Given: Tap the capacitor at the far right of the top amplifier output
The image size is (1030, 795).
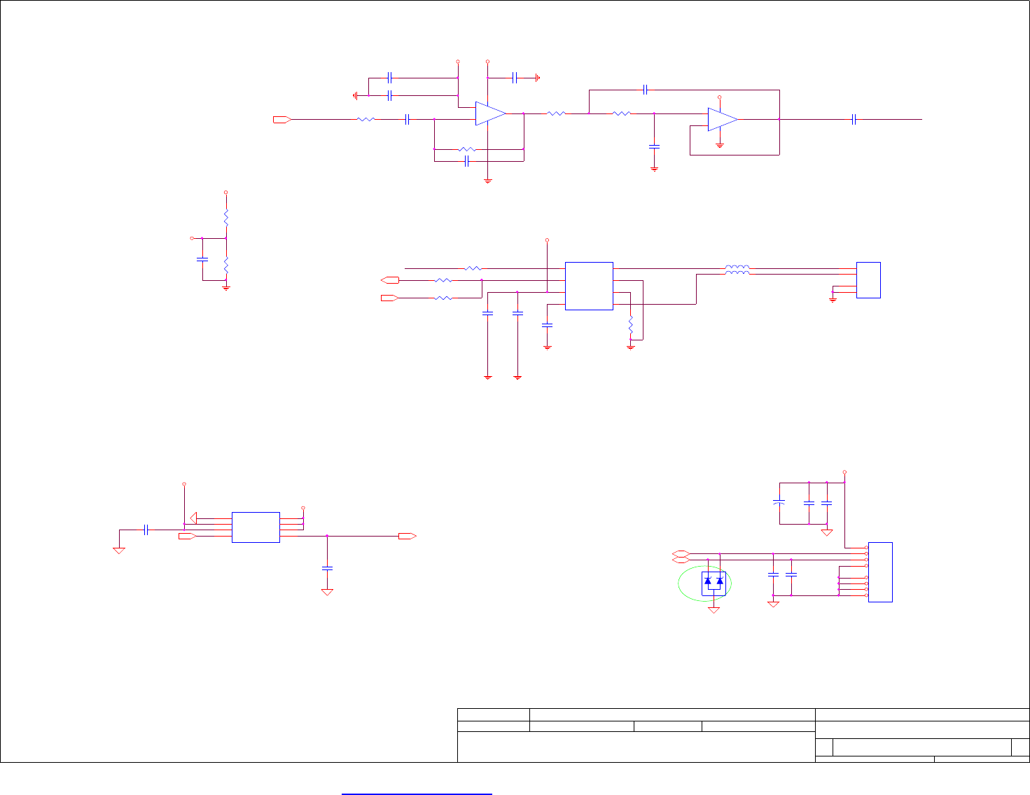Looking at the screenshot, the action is [x=854, y=120].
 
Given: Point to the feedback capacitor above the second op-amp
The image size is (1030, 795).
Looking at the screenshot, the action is [x=646, y=90].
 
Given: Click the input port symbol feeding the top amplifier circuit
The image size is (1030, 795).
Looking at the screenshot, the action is [x=281, y=120].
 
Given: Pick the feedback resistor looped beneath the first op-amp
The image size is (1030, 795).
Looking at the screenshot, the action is [x=467, y=149].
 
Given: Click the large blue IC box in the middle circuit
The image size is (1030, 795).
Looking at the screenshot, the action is [x=589, y=286].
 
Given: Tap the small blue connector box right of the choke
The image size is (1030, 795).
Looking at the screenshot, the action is [x=868, y=280].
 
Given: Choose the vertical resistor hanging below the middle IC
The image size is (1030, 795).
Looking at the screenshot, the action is [x=630, y=325].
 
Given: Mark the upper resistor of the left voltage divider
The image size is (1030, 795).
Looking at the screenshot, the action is [x=225, y=218].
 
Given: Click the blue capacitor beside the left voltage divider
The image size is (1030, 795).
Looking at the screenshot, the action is [x=202, y=259].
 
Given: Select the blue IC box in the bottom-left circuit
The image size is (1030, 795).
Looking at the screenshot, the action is [x=256, y=527].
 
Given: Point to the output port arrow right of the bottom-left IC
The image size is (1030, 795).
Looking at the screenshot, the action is [x=407, y=536].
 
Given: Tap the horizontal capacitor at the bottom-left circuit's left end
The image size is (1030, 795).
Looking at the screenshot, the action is [x=146, y=530].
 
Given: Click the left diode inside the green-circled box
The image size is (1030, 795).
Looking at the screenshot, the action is [x=708, y=581].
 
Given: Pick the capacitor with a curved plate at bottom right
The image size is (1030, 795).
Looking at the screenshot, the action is [x=778, y=502].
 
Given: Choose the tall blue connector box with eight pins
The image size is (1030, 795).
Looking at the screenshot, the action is [x=880, y=572].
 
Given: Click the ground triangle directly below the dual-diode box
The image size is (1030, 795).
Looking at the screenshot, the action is [x=714, y=610].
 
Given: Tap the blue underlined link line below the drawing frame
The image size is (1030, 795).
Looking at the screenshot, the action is [x=417, y=794].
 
